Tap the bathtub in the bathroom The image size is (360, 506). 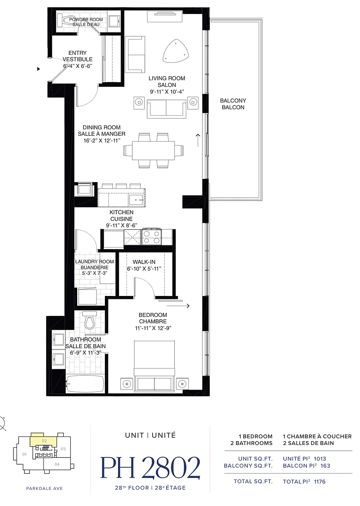coord(85,384)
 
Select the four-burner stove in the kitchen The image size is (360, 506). coord(151,237)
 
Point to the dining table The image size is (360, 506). coord(153,151)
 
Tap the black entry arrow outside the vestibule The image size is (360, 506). coord(39,69)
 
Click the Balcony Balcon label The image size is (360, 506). coord(233,104)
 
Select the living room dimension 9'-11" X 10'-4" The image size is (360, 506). coord(167,92)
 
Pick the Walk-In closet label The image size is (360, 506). coord(144,262)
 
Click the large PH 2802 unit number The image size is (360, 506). coord(150,467)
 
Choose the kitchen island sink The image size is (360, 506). coord(136,200)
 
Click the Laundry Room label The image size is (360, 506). coord(94,261)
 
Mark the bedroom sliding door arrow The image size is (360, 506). coord(178,306)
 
